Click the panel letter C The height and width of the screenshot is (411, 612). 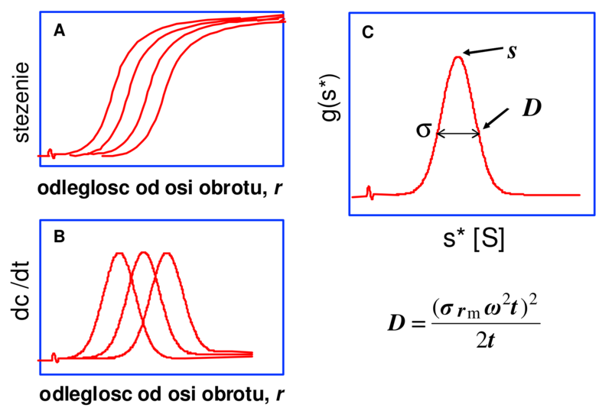(x=368, y=32)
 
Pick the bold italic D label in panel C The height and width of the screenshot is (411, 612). (x=530, y=108)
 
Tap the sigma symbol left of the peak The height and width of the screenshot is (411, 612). (x=422, y=129)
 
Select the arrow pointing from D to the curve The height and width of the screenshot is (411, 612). (x=496, y=118)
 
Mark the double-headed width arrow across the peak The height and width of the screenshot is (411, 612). (x=459, y=134)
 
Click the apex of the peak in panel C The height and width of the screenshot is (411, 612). (x=458, y=57)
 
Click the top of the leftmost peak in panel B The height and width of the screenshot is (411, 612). (x=119, y=253)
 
